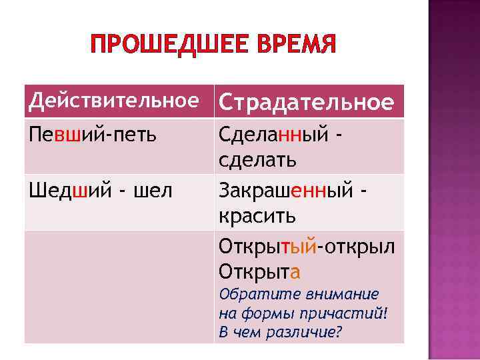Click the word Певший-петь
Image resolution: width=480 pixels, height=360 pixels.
93,135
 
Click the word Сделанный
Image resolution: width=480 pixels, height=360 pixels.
273,135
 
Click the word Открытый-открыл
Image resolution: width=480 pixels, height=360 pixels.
307,247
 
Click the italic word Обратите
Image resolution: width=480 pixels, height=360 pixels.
249,294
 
